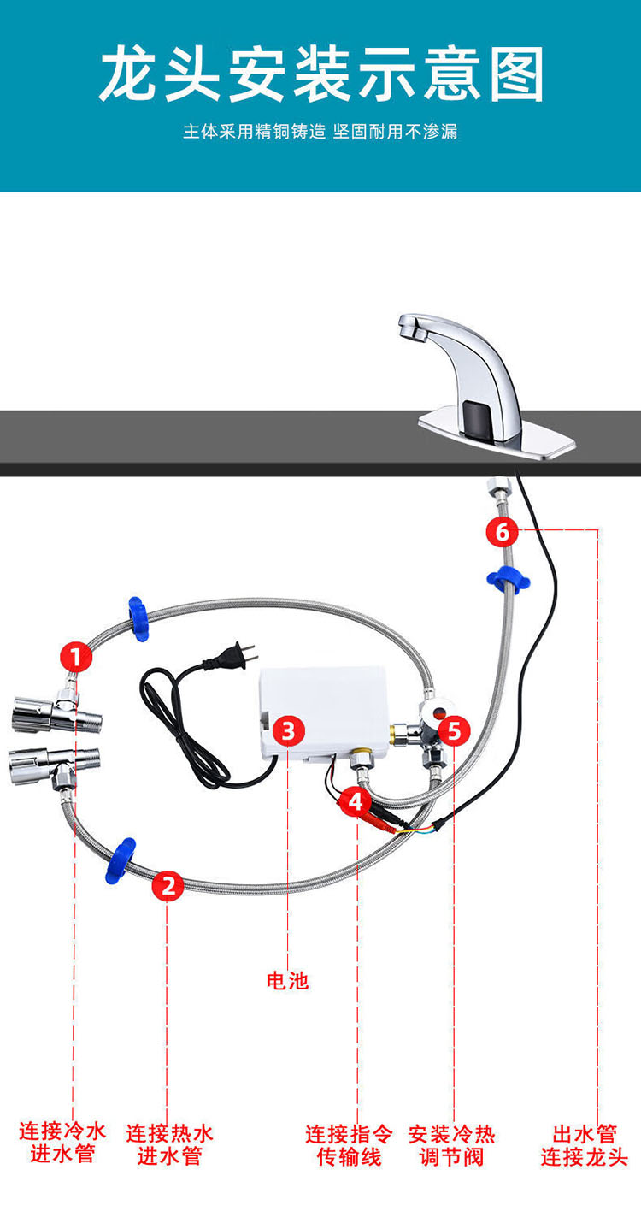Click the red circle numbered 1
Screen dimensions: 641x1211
tap(76, 657)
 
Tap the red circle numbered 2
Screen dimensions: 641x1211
tap(168, 885)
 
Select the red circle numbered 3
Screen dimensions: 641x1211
tap(289, 730)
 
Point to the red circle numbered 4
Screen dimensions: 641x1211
tap(356, 801)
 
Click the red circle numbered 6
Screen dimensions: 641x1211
tap(502, 532)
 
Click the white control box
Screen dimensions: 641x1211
tap(324, 713)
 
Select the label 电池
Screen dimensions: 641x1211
tap(287, 981)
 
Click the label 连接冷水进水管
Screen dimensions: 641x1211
tap(62, 1143)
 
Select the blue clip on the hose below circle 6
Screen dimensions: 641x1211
tap(508, 579)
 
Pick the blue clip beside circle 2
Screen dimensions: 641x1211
tap(121, 860)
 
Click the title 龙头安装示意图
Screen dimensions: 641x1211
tap(321, 74)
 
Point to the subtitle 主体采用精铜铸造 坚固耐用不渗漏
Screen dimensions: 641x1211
tap(320, 132)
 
